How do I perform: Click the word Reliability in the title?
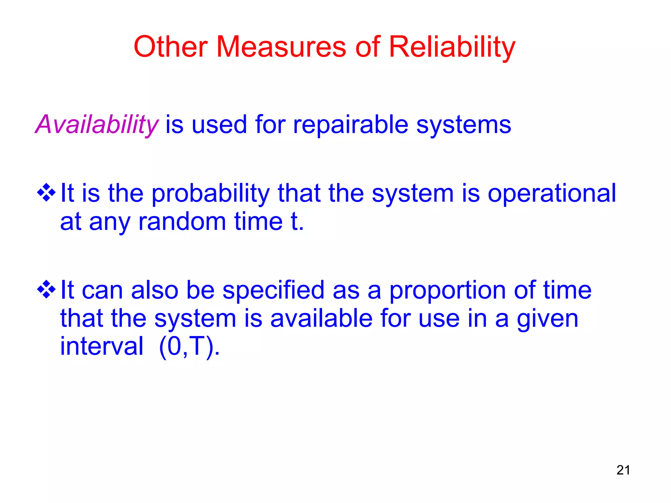[452, 47]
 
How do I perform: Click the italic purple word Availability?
[97, 125]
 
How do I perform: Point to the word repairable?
[350, 125]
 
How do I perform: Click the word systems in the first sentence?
[463, 125]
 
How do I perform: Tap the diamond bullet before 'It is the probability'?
[46, 193]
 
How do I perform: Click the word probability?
[210, 194]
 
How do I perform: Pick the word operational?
[552, 194]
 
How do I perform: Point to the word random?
[182, 222]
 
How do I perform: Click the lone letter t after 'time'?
[294, 222]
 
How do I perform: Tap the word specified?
[273, 290]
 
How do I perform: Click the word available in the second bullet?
[321, 319]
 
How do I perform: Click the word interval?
[102, 346]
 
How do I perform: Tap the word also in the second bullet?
[154, 290]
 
